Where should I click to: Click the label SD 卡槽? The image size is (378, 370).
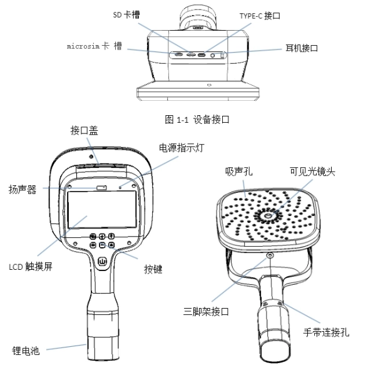[126, 15]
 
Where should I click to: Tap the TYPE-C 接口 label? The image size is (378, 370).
[260, 16]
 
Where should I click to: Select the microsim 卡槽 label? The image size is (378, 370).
[94, 46]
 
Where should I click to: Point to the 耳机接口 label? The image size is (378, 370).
[302, 48]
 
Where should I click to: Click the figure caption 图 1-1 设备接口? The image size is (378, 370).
[197, 120]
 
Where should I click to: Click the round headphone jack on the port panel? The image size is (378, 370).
[212, 55]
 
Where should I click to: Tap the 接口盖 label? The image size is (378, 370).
[84, 130]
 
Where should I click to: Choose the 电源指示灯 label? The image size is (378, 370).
[181, 148]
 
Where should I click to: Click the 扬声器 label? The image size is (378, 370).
[23, 190]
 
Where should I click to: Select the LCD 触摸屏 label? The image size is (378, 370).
[31, 267]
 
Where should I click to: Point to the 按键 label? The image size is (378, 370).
[153, 269]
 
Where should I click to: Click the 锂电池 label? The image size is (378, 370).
[26, 351]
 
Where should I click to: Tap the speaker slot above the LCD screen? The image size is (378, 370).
[101, 187]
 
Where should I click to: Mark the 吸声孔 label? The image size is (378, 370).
[238, 172]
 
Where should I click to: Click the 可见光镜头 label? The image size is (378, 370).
[312, 172]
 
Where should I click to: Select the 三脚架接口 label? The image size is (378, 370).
[206, 312]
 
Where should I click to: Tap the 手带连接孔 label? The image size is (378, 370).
[326, 332]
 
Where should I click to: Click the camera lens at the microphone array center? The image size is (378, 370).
[267, 215]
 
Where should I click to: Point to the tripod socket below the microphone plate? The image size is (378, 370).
[270, 255]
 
